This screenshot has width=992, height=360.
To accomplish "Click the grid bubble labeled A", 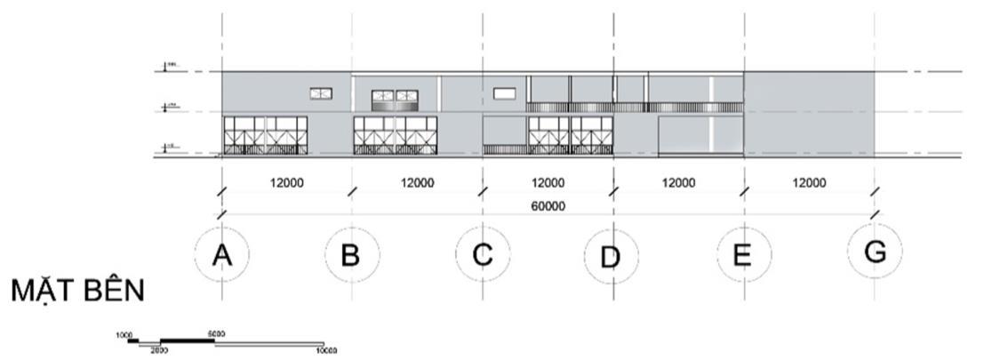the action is click(x=222, y=256).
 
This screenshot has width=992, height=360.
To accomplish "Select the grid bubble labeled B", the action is click(x=351, y=256).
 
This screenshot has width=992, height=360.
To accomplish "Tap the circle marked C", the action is click(x=482, y=256).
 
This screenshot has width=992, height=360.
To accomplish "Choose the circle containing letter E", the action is click(x=741, y=256).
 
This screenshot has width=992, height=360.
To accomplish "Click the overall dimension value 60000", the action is click(x=548, y=206).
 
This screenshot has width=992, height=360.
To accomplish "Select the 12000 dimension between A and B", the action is click(x=287, y=183).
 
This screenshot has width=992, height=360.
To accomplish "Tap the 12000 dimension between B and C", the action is click(x=417, y=183).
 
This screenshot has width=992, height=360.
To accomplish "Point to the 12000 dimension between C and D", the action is click(x=548, y=183).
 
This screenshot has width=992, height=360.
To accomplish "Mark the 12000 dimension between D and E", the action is click(x=678, y=183).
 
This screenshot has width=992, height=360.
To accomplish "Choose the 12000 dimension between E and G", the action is click(x=808, y=183).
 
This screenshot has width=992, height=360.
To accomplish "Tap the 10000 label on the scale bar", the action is click(x=326, y=351).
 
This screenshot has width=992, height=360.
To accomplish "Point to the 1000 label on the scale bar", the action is click(x=124, y=335).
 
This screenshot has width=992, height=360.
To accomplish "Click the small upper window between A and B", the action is click(x=321, y=92).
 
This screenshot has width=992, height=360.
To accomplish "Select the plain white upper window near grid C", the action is click(x=504, y=92).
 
